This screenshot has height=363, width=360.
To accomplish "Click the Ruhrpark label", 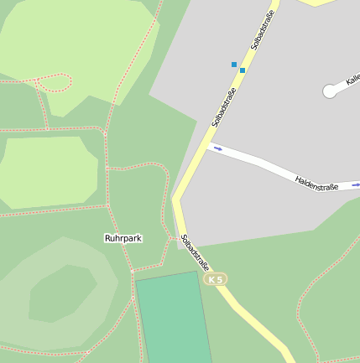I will coord(123,238).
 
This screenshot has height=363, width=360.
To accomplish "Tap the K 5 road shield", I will coord(216,279).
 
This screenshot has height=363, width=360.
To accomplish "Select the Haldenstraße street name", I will coord(316,182).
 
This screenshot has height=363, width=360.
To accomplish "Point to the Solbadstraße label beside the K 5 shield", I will coord(195,251).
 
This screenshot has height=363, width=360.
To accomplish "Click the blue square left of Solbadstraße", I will coord(234,64).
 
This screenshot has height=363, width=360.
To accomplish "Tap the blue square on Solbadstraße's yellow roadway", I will coord(243,70).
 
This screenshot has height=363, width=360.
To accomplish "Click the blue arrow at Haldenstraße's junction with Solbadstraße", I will coord(217,149).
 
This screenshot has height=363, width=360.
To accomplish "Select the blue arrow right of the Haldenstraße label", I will coord(355,184).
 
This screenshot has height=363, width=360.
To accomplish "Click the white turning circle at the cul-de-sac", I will coord(329,91).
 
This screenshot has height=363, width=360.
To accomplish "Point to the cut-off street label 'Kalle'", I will coord(352,80).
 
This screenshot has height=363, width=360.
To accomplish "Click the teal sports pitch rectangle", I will coord(174,319).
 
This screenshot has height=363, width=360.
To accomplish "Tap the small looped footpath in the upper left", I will coord(55,82).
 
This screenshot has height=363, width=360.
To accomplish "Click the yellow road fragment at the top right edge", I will coord(317,3).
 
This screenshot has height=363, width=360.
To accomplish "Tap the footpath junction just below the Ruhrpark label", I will coord(132,271).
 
